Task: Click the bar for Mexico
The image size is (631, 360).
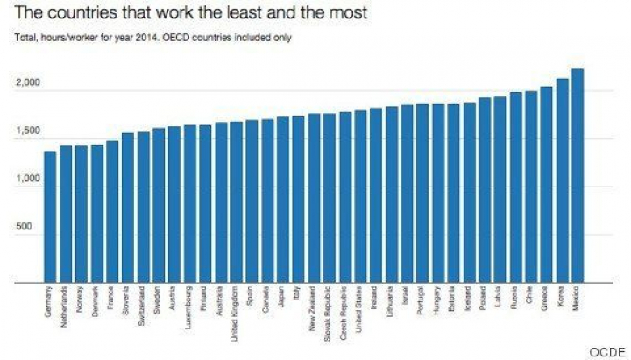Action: pyautogui.click(x=577, y=175)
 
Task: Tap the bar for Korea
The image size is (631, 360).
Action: pyautogui.click(x=562, y=180)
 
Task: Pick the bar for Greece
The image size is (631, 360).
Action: pyautogui.click(x=546, y=185)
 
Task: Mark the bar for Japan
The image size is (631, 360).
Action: pyautogui.click(x=282, y=201)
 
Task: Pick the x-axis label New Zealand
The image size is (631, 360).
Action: pyautogui.click(x=314, y=307)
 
